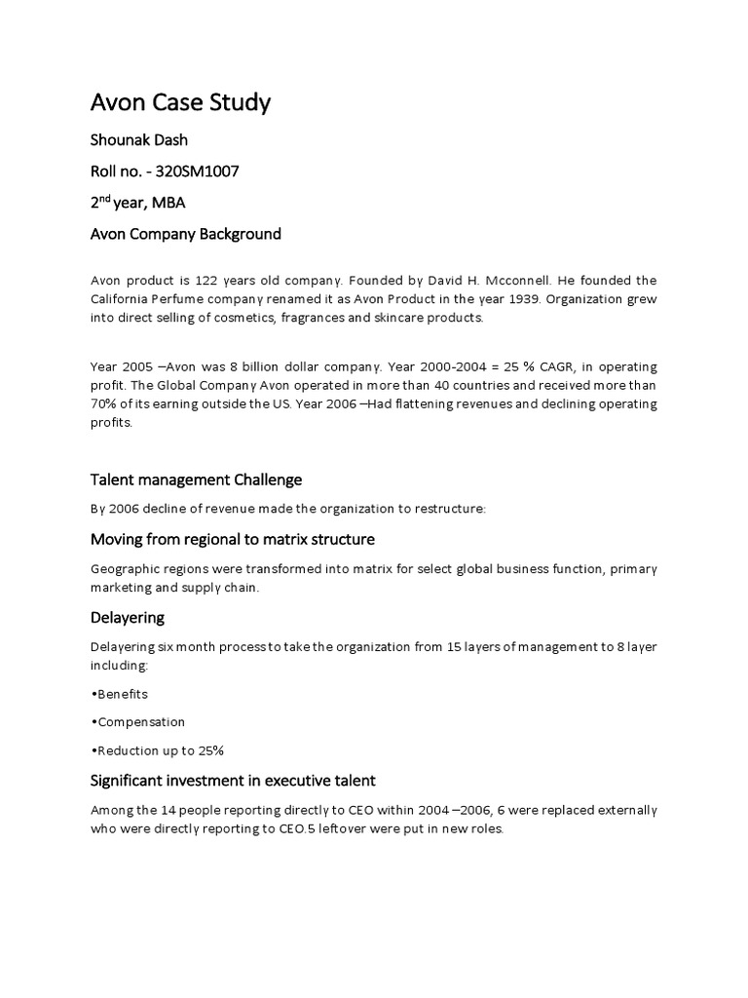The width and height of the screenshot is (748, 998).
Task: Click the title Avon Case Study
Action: tap(180, 102)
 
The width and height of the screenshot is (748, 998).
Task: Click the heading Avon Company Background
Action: tap(185, 234)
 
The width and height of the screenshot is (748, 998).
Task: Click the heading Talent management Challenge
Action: tap(196, 480)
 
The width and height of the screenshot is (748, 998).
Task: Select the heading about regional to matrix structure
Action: tap(232, 540)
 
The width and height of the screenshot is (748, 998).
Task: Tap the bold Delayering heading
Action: tap(128, 618)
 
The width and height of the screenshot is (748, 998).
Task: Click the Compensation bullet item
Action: tap(137, 722)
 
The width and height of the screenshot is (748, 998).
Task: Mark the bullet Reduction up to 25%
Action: tap(157, 750)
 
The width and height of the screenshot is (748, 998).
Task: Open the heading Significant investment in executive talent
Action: tap(233, 781)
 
